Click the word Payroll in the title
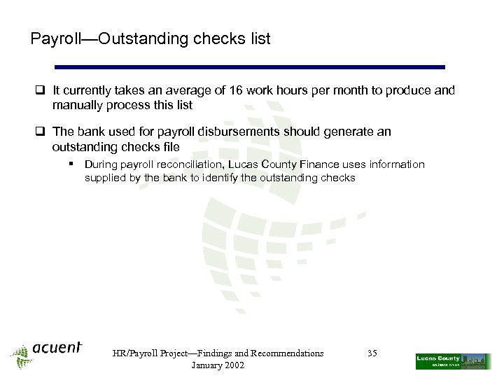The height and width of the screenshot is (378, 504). (x=52, y=39)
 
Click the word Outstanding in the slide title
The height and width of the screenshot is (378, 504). (x=139, y=39)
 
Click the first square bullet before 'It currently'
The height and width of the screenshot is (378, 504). (x=42, y=90)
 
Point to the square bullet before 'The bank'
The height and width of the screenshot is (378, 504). (x=42, y=132)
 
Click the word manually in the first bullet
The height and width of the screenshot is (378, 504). (x=77, y=106)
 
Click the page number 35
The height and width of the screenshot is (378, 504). (x=372, y=353)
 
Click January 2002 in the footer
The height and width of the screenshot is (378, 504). (x=218, y=365)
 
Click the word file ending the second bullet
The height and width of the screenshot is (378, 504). (x=171, y=147)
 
